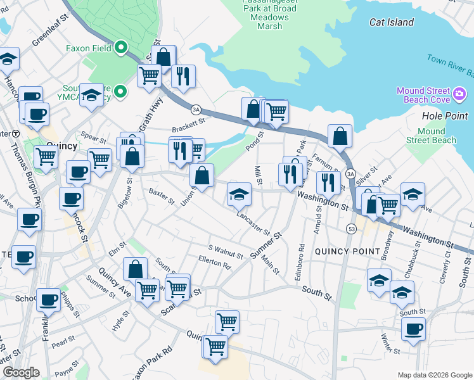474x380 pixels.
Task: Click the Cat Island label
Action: [392, 23]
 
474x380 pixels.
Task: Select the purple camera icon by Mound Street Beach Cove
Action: [460, 96]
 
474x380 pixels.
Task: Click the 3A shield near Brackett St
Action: [196, 109]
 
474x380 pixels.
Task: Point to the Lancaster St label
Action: [253, 224]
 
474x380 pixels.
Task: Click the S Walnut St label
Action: [226, 251]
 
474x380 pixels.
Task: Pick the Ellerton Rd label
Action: [214, 262]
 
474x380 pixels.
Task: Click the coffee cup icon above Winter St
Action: [414, 329]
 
